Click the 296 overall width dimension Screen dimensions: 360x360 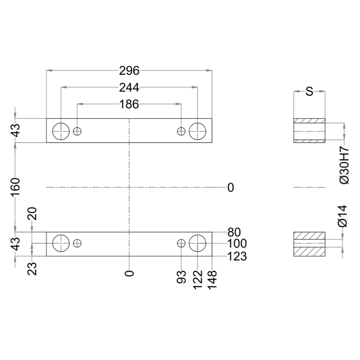(129, 71)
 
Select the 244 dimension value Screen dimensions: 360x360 (129, 87)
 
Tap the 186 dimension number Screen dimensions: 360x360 (129, 104)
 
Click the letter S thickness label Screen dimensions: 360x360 (310, 92)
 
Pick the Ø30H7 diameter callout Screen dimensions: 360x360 (344, 166)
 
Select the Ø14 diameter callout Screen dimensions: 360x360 (343, 216)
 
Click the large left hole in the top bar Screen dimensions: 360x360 (61, 131)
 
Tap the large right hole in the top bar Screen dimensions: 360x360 (198, 131)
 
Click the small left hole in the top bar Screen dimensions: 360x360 (77, 131)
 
